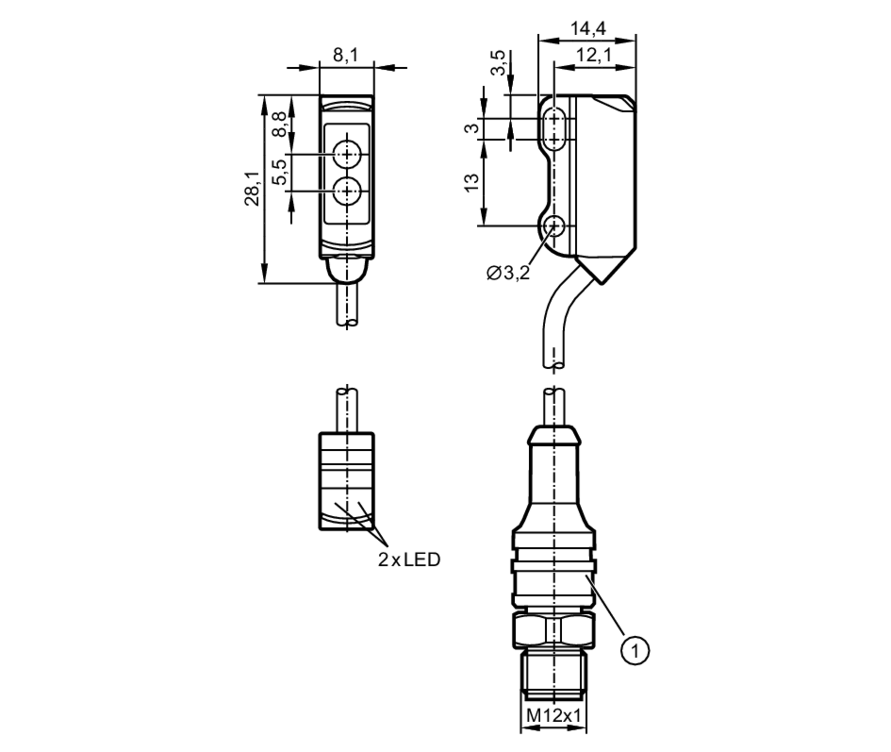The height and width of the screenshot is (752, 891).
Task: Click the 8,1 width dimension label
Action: (345, 55)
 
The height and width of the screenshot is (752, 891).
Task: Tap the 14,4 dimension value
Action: (588, 29)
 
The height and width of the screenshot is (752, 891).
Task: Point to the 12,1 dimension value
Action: (594, 56)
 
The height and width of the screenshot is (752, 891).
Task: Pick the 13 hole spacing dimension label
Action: (471, 183)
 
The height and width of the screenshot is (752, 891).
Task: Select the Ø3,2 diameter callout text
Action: (508, 273)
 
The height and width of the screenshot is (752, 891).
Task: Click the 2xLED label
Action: (409, 560)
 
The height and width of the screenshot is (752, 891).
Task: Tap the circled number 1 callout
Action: (635, 651)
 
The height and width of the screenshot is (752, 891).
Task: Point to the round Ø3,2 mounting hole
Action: (554, 226)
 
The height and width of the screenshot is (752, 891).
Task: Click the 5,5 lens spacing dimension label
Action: (280, 173)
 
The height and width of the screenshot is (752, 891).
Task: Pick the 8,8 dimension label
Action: (280, 125)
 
